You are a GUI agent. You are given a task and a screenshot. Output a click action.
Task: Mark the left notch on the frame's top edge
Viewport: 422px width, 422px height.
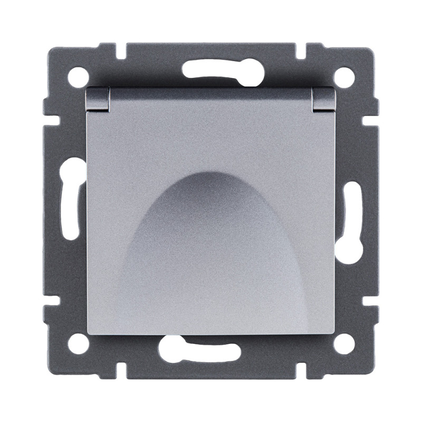coord(120,52)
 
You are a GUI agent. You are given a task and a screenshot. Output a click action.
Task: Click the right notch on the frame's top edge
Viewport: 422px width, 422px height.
coord(301,52)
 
